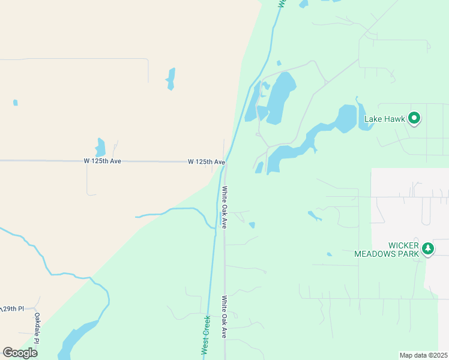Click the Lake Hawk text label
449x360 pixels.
(385, 119)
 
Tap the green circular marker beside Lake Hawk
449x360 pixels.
(414, 118)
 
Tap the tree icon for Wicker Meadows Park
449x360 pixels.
(427, 248)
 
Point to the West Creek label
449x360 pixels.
(205, 334)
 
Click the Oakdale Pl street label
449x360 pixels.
(37, 328)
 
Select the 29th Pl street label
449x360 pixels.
(12, 308)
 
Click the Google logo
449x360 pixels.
(20, 352)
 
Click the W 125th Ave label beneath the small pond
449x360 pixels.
(103, 161)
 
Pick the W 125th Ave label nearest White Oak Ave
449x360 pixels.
(206, 162)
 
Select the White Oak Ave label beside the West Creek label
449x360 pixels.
(224, 316)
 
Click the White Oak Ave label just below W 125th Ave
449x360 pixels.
(224, 207)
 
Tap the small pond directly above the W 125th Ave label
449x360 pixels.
(100, 148)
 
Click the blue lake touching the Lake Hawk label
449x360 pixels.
(346, 119)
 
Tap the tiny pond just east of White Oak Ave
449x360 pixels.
(252, 225)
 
